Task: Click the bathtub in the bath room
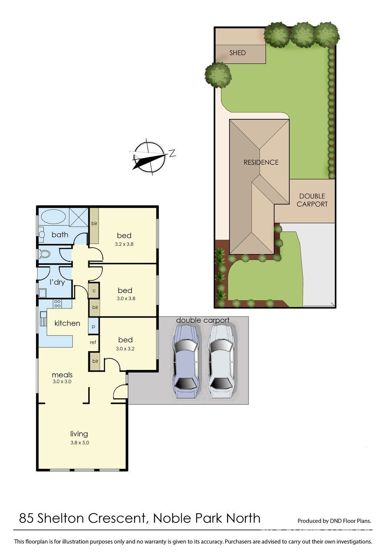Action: [53, 217]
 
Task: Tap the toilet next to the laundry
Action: [44, 254]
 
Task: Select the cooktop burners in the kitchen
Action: [57, 304]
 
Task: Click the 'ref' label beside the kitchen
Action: [93, 342]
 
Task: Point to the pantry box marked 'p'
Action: [94, 326]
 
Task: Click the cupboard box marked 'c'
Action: [94, 290]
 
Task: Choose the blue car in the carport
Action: [185, 361]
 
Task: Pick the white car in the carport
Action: [221, 361]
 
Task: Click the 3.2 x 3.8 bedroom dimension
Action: [124, 244]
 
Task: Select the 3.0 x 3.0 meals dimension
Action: [62, 381]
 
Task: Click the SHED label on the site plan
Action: [237, 53]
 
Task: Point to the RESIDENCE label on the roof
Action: [261, 162]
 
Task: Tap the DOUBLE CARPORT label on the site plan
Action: [312, 200]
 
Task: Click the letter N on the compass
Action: [172, 153]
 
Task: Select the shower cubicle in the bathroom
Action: [78, 217]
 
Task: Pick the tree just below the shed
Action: [218, 75]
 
